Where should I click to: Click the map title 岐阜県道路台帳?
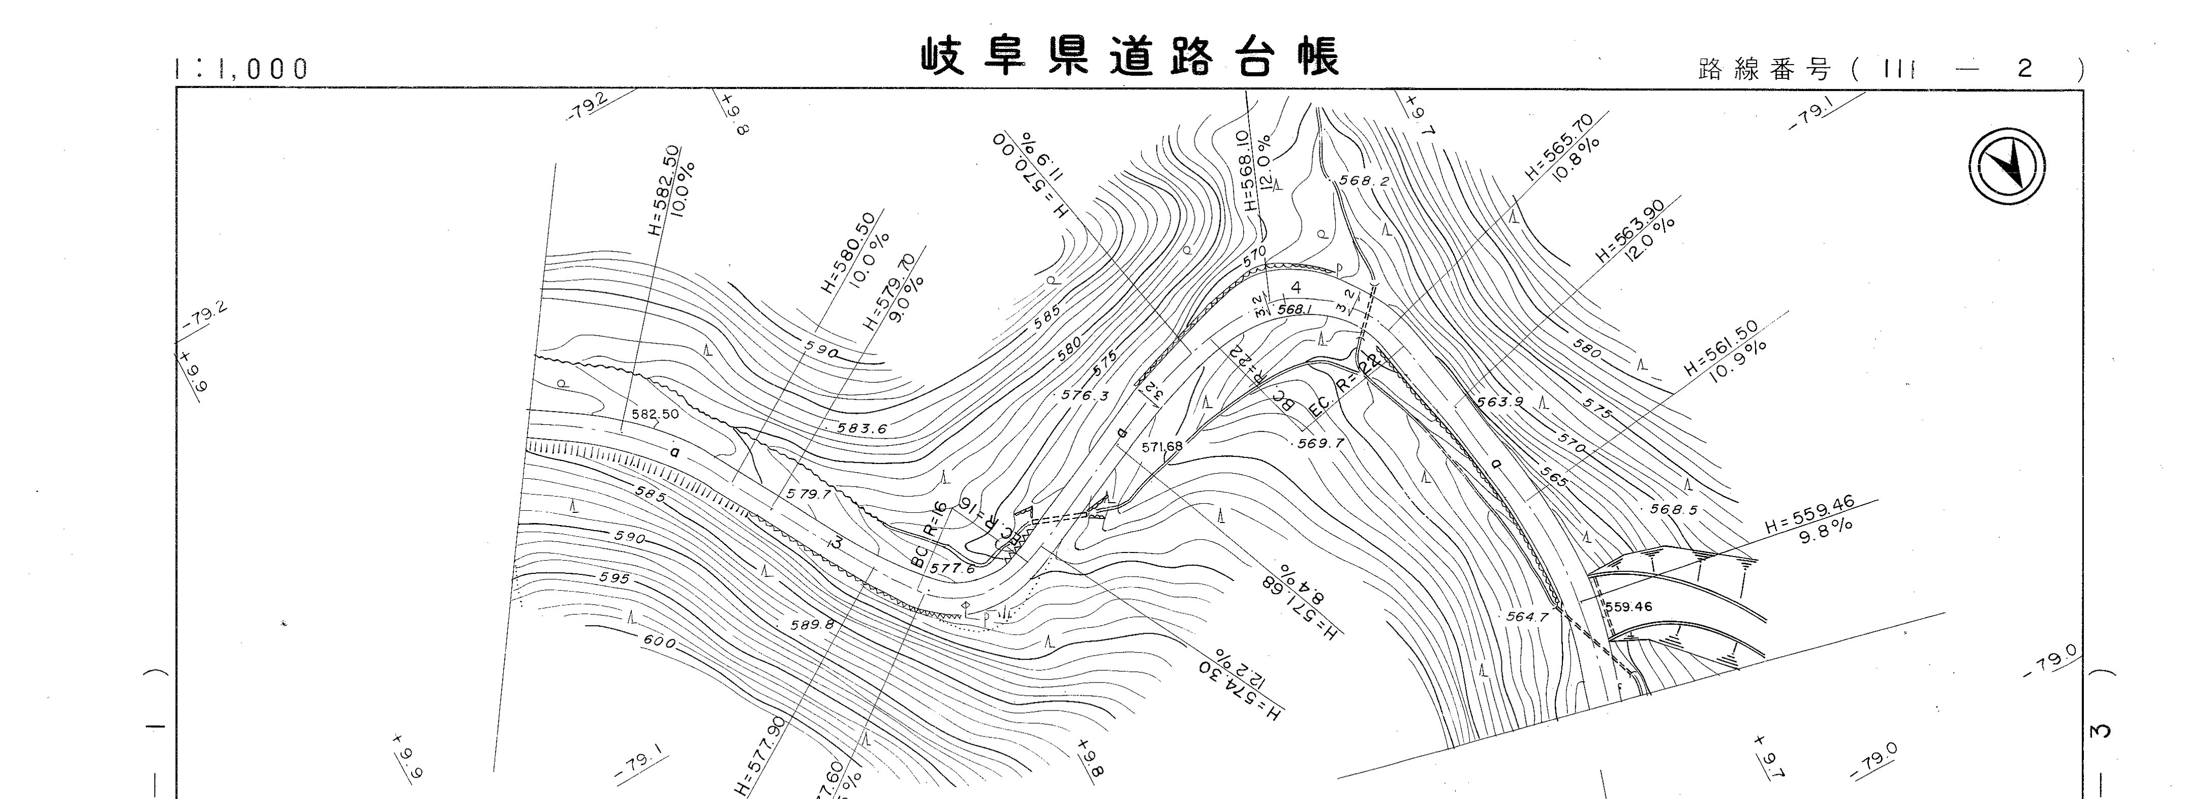tap(1130, 57)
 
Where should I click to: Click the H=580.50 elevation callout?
tap(848, 252)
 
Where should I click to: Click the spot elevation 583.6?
tap(862, 428)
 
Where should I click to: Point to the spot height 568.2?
tap(1363, 180)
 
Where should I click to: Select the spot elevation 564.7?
tap(1527, 617)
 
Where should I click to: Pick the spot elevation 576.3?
tap(1085, 395)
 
